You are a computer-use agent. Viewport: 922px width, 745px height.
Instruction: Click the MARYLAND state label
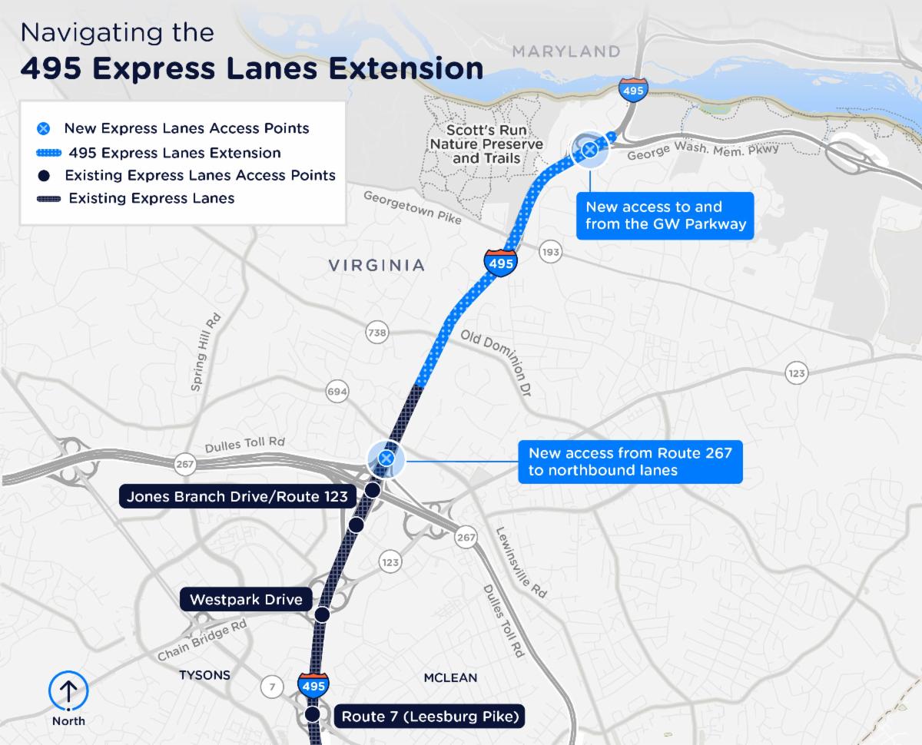(x=566, y=51)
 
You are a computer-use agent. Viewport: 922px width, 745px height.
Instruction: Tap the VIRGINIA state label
(x=376, y=265)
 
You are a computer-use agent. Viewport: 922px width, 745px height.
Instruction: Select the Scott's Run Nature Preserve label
(x=486, y=144)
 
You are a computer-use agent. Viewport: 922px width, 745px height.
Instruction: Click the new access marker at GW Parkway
(x=589, y=149)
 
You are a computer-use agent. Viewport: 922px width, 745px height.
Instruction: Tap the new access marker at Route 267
(x=386, y=459)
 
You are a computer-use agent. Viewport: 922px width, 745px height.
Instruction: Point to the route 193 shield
(x=550, y=252)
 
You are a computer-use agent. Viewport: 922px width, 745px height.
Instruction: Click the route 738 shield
(x=377, y=333)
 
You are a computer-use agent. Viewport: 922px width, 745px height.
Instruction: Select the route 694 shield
(x=337, y=392)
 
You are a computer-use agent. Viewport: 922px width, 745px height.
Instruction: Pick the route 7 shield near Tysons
(x=271, y=687)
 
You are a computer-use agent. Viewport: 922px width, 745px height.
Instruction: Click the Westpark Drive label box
(x=246, y=599)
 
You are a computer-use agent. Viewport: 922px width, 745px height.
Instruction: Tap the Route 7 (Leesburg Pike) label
(x=430, y=717)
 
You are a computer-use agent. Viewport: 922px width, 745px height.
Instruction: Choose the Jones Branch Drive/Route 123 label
(x=237, y=496)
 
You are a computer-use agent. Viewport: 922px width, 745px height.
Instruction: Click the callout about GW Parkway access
(x=665, y=216)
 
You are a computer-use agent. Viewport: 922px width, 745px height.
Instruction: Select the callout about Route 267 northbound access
(x=630, y=461)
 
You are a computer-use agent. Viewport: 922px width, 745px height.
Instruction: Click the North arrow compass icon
(x=68, y=692)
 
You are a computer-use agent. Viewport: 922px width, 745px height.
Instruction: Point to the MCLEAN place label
(x=450, y=677)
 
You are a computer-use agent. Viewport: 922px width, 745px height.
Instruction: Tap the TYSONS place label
(x=204, y=675)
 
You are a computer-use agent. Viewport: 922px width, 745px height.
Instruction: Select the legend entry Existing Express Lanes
(x=151, y=198)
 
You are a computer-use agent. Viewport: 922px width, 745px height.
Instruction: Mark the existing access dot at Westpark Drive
(x=322, y=614)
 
